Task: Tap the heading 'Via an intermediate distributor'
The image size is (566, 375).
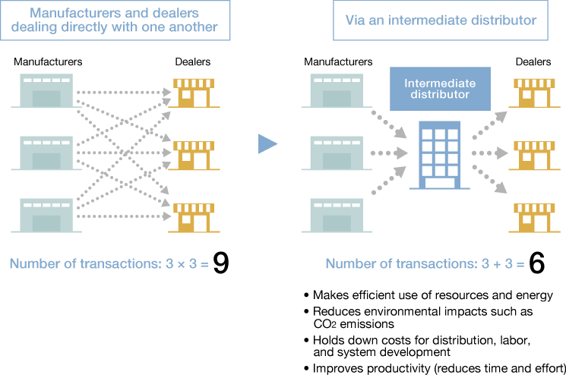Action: (x=441, y=20)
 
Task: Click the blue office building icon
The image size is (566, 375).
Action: (x=440, y=156)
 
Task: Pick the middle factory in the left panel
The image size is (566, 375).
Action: (x=46, y=154)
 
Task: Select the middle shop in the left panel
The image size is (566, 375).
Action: (x=195, y=155)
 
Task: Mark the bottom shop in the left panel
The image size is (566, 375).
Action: (x=195, y=217)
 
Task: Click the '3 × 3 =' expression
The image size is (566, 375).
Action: (x=186, y=264)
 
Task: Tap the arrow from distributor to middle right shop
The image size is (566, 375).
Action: (x=489, y=153)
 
